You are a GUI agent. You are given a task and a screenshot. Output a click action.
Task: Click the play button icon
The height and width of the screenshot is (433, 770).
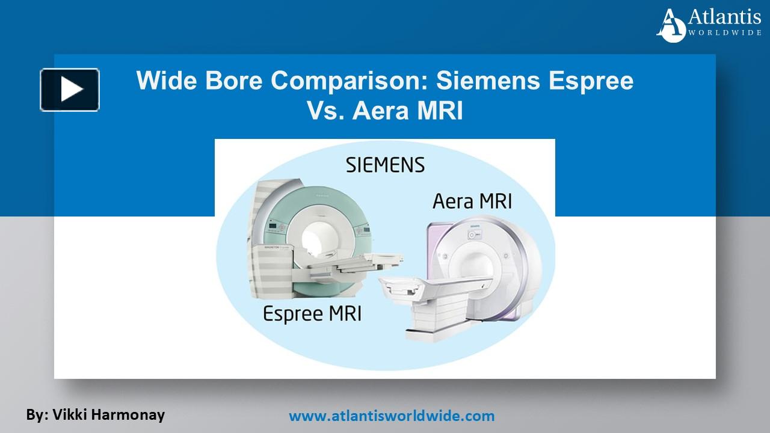70,90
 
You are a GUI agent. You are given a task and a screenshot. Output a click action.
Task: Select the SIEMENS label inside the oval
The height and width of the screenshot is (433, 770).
385,165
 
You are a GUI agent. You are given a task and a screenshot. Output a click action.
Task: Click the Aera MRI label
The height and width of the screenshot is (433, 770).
472,201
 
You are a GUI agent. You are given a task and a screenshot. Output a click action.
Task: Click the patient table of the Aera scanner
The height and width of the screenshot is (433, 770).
421,301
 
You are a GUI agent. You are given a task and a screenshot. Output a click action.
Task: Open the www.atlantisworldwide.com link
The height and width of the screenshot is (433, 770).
392,416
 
